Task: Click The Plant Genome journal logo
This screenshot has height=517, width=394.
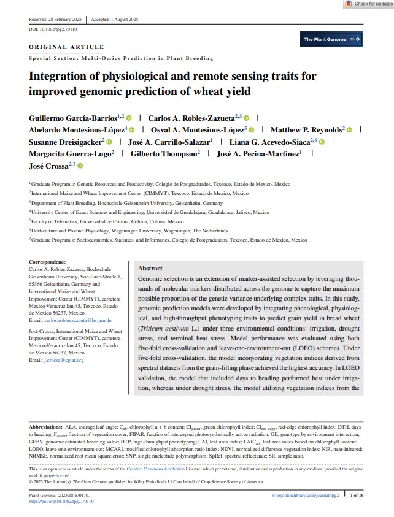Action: tap(332, 40)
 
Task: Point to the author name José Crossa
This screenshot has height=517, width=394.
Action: tap(49, 166)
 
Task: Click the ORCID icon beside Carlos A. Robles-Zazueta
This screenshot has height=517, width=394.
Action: tap(246, 117)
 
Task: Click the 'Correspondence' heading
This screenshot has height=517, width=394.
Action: tap(48, 261)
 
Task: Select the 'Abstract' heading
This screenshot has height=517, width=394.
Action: tap(150, 269)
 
